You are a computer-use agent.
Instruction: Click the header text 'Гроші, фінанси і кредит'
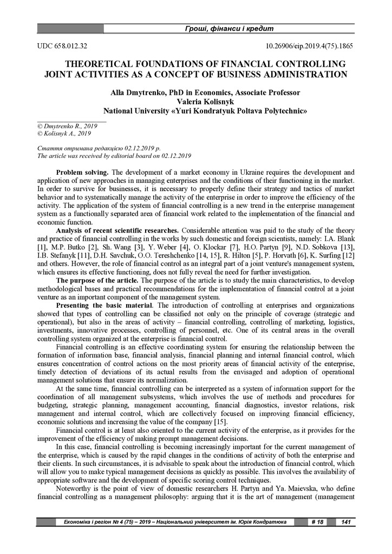[x=230, y=28]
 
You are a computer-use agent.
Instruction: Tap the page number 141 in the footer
[x=345, y=522]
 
